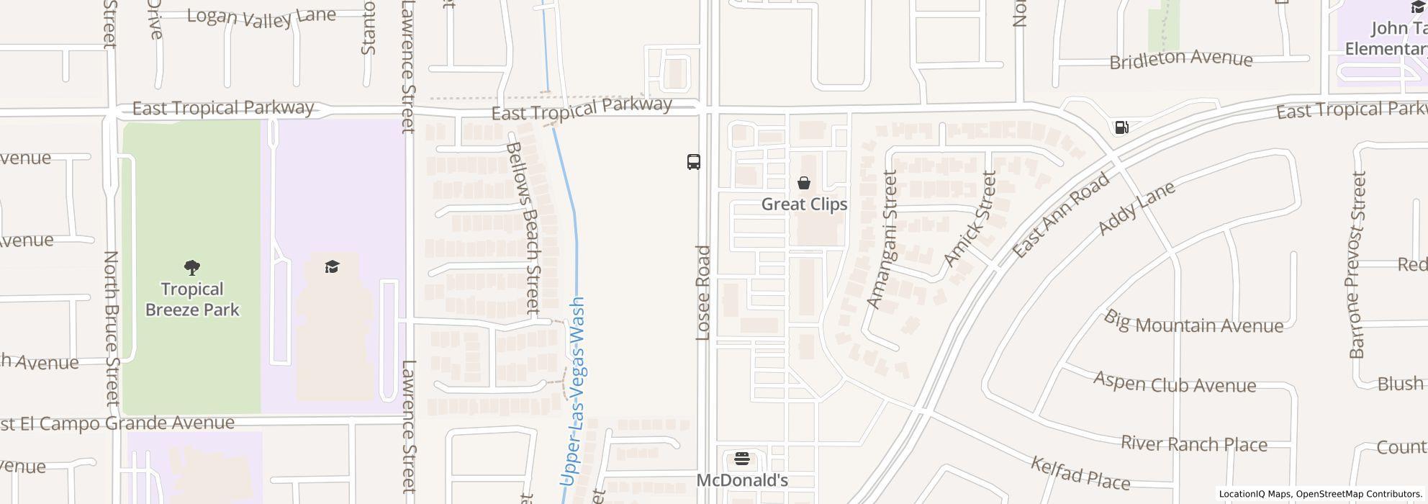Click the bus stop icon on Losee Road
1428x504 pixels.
(694, 162)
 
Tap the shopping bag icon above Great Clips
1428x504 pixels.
(804, 184)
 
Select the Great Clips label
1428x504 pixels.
(804, 204)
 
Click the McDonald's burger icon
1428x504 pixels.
(742, 459)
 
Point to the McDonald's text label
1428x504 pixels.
(742, 480)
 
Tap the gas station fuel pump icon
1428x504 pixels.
(1121, 127)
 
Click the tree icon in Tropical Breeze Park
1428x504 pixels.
(192, 269)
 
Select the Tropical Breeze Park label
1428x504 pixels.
(192, 300)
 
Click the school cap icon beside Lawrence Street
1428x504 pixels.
(332, 267)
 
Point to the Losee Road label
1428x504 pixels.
(704, 292)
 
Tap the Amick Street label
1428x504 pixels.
(969, 219)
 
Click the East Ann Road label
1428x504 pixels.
(1061, 215)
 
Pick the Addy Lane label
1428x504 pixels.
(1136, 208)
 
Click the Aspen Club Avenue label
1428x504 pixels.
(1175, 382)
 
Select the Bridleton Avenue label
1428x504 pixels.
(1181, 60)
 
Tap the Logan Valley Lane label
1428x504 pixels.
(261, 17)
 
